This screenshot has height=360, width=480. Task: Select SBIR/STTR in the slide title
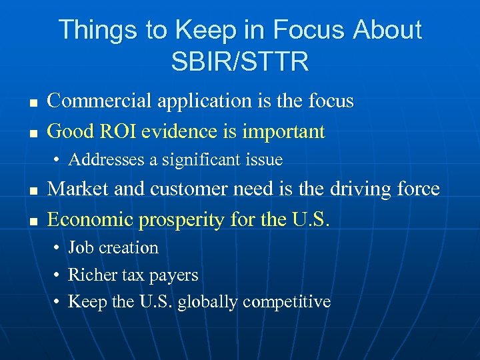[x=240, y=62]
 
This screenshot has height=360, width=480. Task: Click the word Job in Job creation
[x=80, y=247]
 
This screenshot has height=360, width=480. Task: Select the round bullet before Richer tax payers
[x=58, y=275]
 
